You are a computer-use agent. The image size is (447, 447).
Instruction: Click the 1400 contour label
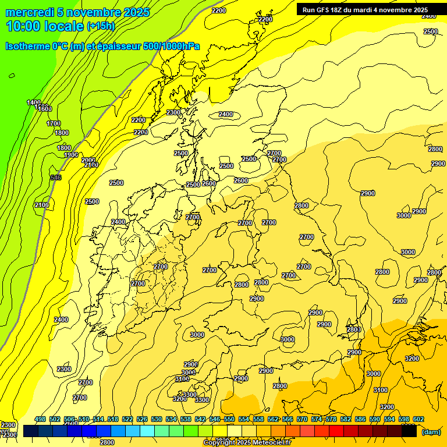pos(34,103)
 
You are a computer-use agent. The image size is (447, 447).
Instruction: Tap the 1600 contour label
pos(45,109)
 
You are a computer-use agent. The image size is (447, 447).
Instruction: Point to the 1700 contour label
pos(54,123)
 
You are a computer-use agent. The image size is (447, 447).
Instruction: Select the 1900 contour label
pos(71,155)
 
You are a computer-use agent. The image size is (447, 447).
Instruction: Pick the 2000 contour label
pos(88,160)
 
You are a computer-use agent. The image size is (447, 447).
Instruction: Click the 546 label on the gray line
pos(56,178)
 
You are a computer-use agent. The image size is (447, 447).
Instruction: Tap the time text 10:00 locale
pos(45,26)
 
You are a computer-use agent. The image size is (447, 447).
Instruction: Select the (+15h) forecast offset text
pos(101,26)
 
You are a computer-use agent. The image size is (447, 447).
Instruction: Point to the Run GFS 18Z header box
pos(365,10)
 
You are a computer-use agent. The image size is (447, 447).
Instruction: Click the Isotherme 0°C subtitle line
pos(102,46)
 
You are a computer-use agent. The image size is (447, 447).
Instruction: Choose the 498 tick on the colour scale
pos(40,420)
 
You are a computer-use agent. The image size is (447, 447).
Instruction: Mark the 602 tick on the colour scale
pos(418,420)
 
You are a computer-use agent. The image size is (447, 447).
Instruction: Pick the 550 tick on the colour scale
pos(229,420)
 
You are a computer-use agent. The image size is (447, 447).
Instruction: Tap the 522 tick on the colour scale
pos(127,420)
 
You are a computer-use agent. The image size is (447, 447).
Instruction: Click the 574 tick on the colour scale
pos(317,420)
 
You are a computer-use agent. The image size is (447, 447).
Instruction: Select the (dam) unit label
pos(431,432)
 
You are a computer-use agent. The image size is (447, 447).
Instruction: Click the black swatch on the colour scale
pos(409,431)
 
